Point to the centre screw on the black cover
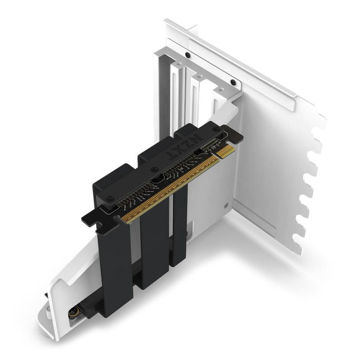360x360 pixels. pos(153,170)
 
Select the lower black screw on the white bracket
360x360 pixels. pos(233,82)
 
